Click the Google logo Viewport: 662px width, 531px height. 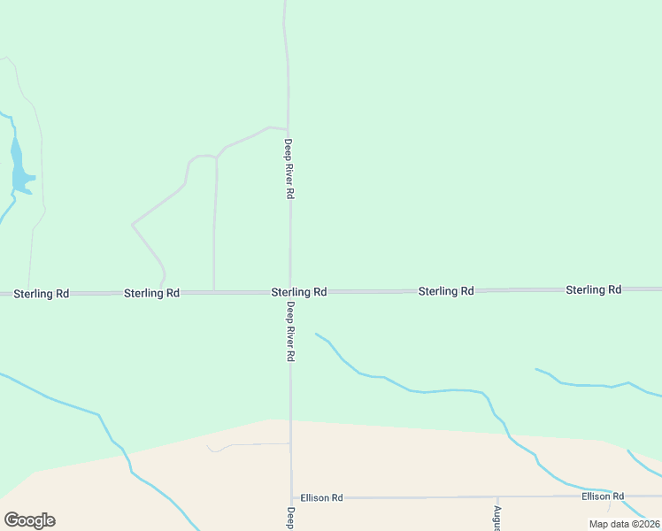click(x=29, y=520)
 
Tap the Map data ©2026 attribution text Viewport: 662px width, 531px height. click(x=624, y=524)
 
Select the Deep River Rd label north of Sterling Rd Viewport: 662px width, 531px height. click(x=289, y=168)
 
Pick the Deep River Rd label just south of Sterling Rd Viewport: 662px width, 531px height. click(x=289, y=331)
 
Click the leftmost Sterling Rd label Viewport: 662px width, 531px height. click(x=42, y=293)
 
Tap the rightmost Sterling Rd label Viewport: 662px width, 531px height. click(x=593, y=289)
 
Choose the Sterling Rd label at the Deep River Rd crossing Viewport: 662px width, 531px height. click(x=299, y=291)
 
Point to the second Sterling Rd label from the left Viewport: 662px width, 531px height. click(x=151, y=292)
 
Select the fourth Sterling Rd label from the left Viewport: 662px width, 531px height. click(x=446, y=290)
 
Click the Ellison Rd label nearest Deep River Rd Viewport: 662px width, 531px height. click(x=321, y=498)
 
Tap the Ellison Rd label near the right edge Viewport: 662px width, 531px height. click(x=603, y=496)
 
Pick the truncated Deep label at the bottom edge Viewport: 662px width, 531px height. click(x=289, y=519)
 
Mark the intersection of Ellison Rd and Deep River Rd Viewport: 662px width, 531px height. click(x=291, y=498)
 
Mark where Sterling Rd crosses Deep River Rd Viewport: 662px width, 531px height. click(x=289, y=291)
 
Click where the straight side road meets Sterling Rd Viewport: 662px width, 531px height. click(x=213, y=291)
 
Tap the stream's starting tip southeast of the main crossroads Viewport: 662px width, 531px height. click(x=316, y=334)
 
